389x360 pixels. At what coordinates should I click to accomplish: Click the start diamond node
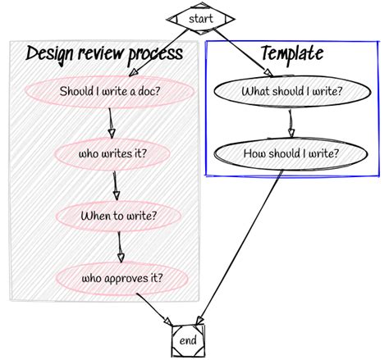201,19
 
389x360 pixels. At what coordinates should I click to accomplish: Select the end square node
188,340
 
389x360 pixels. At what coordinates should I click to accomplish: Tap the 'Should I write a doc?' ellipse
109,91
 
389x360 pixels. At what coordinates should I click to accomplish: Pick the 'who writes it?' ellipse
112,153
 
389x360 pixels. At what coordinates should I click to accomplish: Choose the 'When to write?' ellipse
118,216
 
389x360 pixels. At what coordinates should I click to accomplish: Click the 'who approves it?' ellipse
121,278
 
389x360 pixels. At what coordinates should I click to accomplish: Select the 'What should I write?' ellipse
292,91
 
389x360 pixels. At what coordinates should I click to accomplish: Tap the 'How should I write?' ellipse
291,153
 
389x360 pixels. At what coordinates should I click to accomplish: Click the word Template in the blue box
292,53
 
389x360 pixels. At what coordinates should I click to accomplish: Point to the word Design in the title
49,55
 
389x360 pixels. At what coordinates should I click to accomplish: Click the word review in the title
99,53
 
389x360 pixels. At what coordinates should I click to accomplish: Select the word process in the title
155,55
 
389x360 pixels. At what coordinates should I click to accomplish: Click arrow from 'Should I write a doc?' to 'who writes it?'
111,123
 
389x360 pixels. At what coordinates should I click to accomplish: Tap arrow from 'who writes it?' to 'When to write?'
116,185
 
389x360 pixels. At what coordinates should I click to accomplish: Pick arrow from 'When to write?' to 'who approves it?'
120,247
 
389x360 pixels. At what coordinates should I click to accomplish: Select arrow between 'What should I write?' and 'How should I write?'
291,123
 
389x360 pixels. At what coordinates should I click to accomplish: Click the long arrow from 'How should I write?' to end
240,248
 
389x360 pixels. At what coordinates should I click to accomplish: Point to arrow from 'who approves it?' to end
154,309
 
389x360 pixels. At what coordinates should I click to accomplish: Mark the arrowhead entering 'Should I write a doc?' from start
133,72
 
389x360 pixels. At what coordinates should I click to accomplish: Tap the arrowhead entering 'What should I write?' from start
268,72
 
